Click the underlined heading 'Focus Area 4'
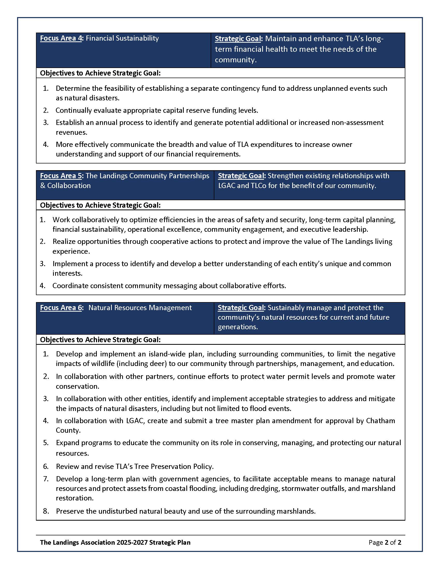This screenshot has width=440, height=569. click(61, 38)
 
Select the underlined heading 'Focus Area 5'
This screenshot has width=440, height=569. click(61, 176)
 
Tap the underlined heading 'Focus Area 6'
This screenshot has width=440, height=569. click(61, 308)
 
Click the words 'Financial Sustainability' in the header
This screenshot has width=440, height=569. click(122, 38)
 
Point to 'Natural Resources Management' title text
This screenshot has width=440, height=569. click(140, 308)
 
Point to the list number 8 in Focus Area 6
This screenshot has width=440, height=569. click(46, 511)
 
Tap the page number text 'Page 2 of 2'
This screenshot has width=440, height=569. click(385, 542)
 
